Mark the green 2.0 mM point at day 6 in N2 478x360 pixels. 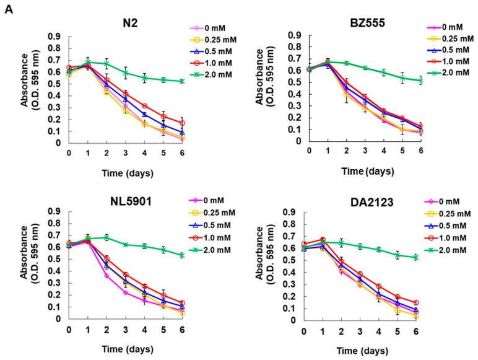click(181, 81)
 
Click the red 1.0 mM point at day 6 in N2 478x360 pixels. click(181, 123)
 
